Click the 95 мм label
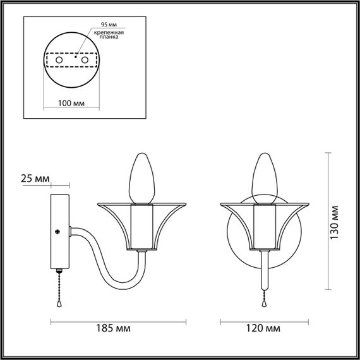click(x=109, y=25)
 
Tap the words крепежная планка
click(x=109, y=35)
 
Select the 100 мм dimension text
click(x=71, y=103)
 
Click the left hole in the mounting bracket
click(x=59, y=60)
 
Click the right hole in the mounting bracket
click(x=85, y=60)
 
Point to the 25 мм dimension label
click(x=35, y=179)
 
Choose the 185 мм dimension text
click(x=113, y=328)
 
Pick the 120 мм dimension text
click(x=263, y=328)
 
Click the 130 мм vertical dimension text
click(x=334, y=222)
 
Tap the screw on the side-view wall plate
click(x=57, y=232)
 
